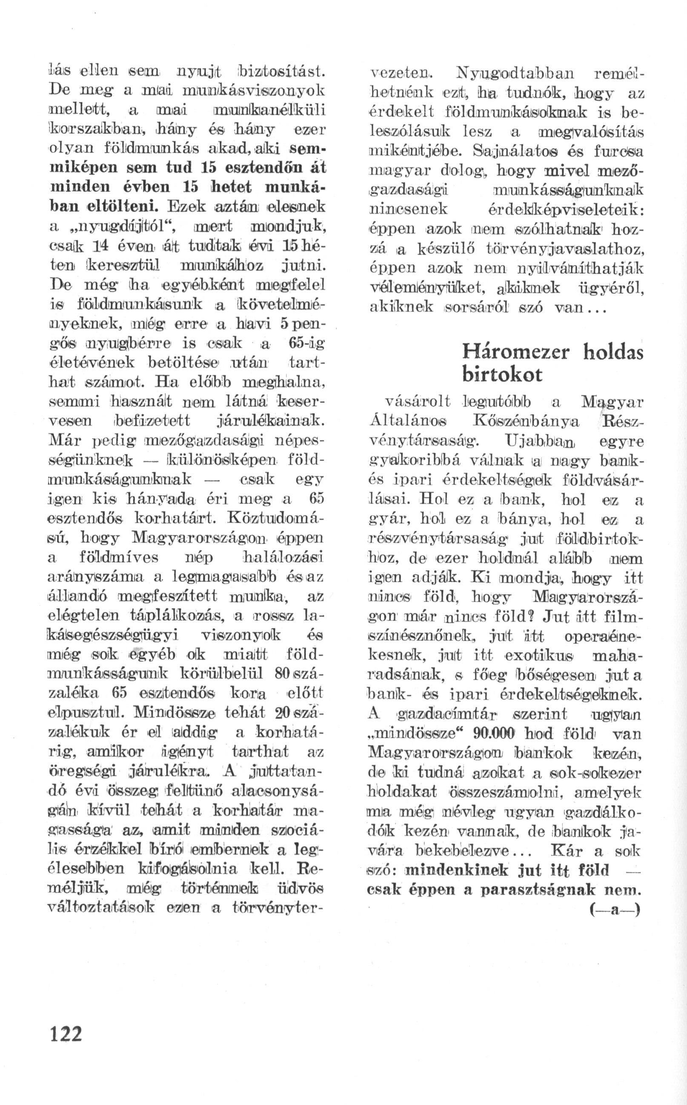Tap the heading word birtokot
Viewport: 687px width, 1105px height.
click(502, 375)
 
